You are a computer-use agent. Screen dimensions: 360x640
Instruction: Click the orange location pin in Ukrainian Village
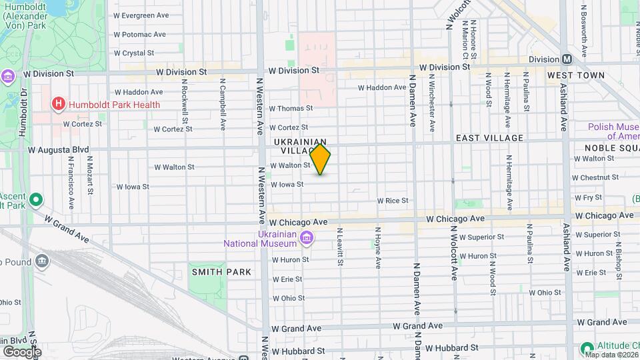pyautogui.click(x=321, y=159)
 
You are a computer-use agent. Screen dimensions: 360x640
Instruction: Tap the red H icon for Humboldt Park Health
pyautogui.click(x=59, y=104)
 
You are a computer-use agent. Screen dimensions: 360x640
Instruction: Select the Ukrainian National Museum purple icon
pyautogui.click(x=306, y=237)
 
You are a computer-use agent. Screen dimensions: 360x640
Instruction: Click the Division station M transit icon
pyautogui.click(x=566, y=59)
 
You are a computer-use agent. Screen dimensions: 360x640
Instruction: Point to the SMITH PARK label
pyautogui.click(x=222, y=272)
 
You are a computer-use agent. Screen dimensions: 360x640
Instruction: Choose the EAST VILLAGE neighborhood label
pyautogui.click(x=489, y=138)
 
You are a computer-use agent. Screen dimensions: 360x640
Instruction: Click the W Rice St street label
pyautogui.click(x=392, y=201)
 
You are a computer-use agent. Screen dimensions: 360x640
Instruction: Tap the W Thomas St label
pyautogui.click(x=291, y=108)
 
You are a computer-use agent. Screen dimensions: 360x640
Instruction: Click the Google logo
pyautogui.click(x=22, y=351)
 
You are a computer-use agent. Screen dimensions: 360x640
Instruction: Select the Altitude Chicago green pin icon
pyautogui.click(x=587, y=348)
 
